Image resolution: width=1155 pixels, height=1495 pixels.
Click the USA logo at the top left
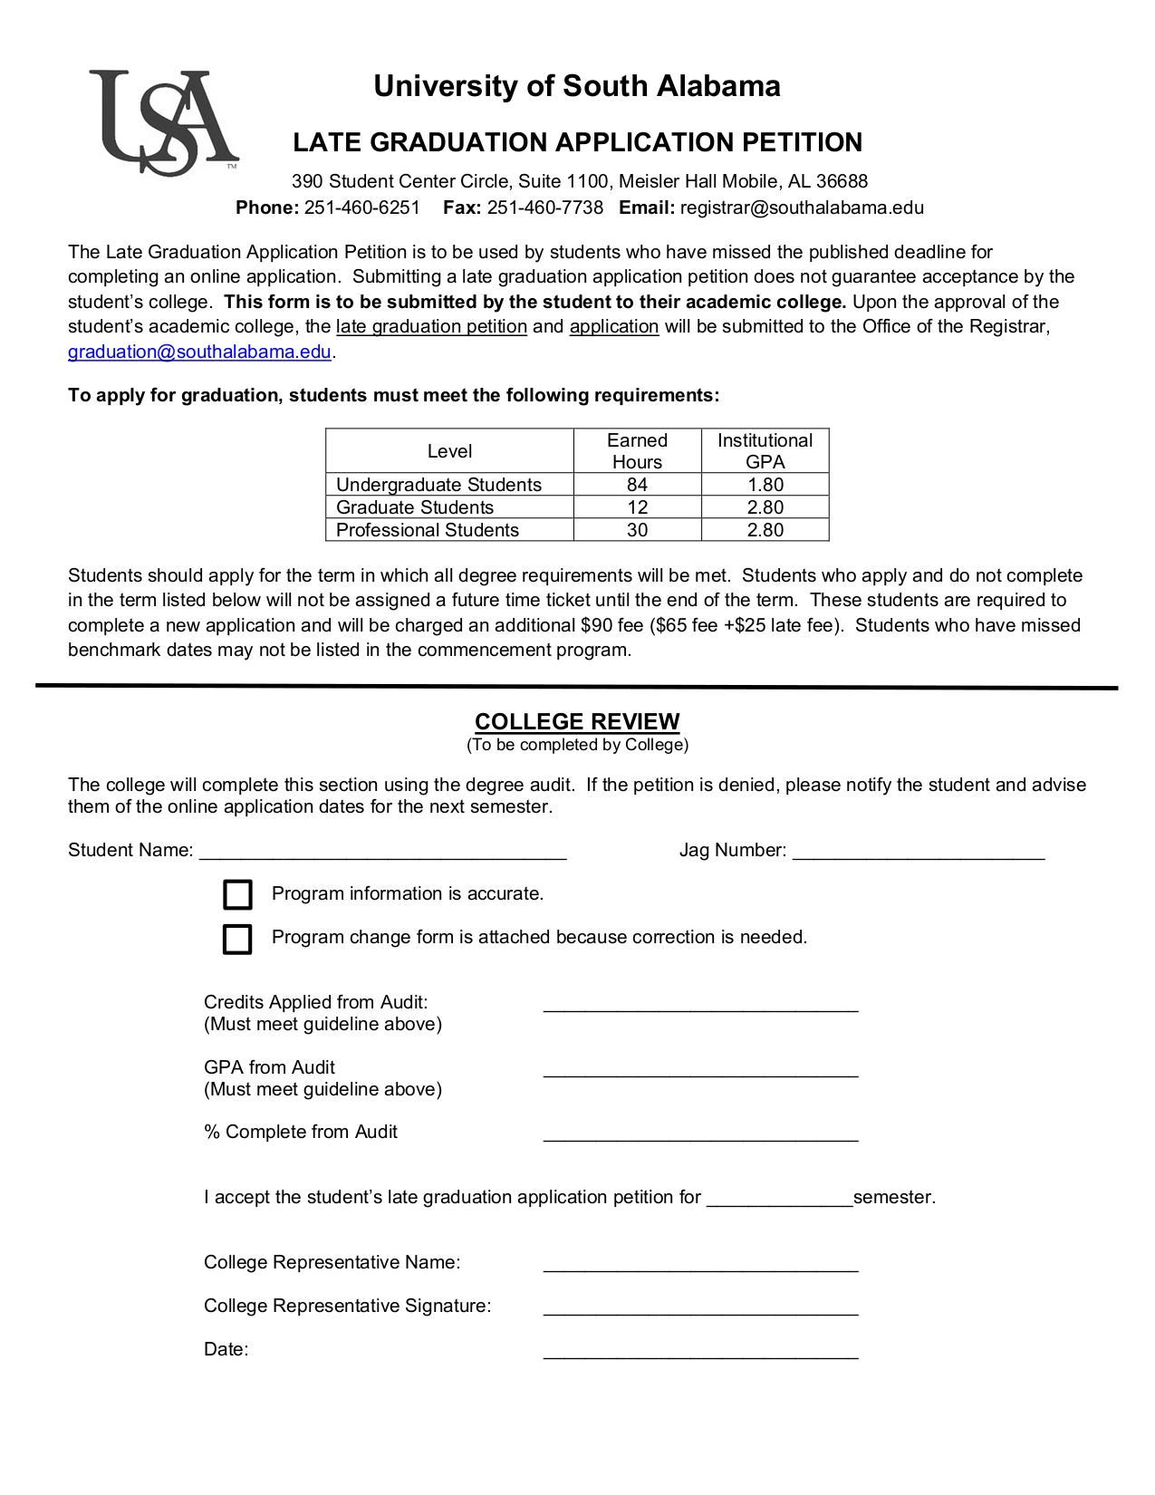click(163, 121)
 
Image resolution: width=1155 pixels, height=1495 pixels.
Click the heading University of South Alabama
click(576, 86)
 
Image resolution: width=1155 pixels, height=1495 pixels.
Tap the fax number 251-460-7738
click(544, 207)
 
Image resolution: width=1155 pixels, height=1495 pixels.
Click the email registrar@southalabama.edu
click(802, 207)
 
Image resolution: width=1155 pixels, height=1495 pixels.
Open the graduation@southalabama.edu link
click(199, 352)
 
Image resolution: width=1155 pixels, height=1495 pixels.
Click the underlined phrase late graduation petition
click(431, 326)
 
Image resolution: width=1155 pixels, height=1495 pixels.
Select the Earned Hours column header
click(637, 451)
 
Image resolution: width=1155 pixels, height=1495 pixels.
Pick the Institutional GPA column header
click(765, 451)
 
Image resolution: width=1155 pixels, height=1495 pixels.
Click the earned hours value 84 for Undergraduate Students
click(637, 485)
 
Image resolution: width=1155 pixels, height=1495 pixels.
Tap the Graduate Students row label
click(415, 507)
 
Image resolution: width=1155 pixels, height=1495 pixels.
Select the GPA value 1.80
click(765, 485)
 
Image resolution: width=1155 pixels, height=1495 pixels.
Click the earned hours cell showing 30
click(637, 530)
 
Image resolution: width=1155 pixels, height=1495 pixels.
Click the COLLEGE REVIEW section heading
click(577, 721)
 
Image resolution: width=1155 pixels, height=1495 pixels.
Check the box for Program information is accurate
click(237, 894)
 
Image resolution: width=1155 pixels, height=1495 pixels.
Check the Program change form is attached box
click(237, 939)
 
